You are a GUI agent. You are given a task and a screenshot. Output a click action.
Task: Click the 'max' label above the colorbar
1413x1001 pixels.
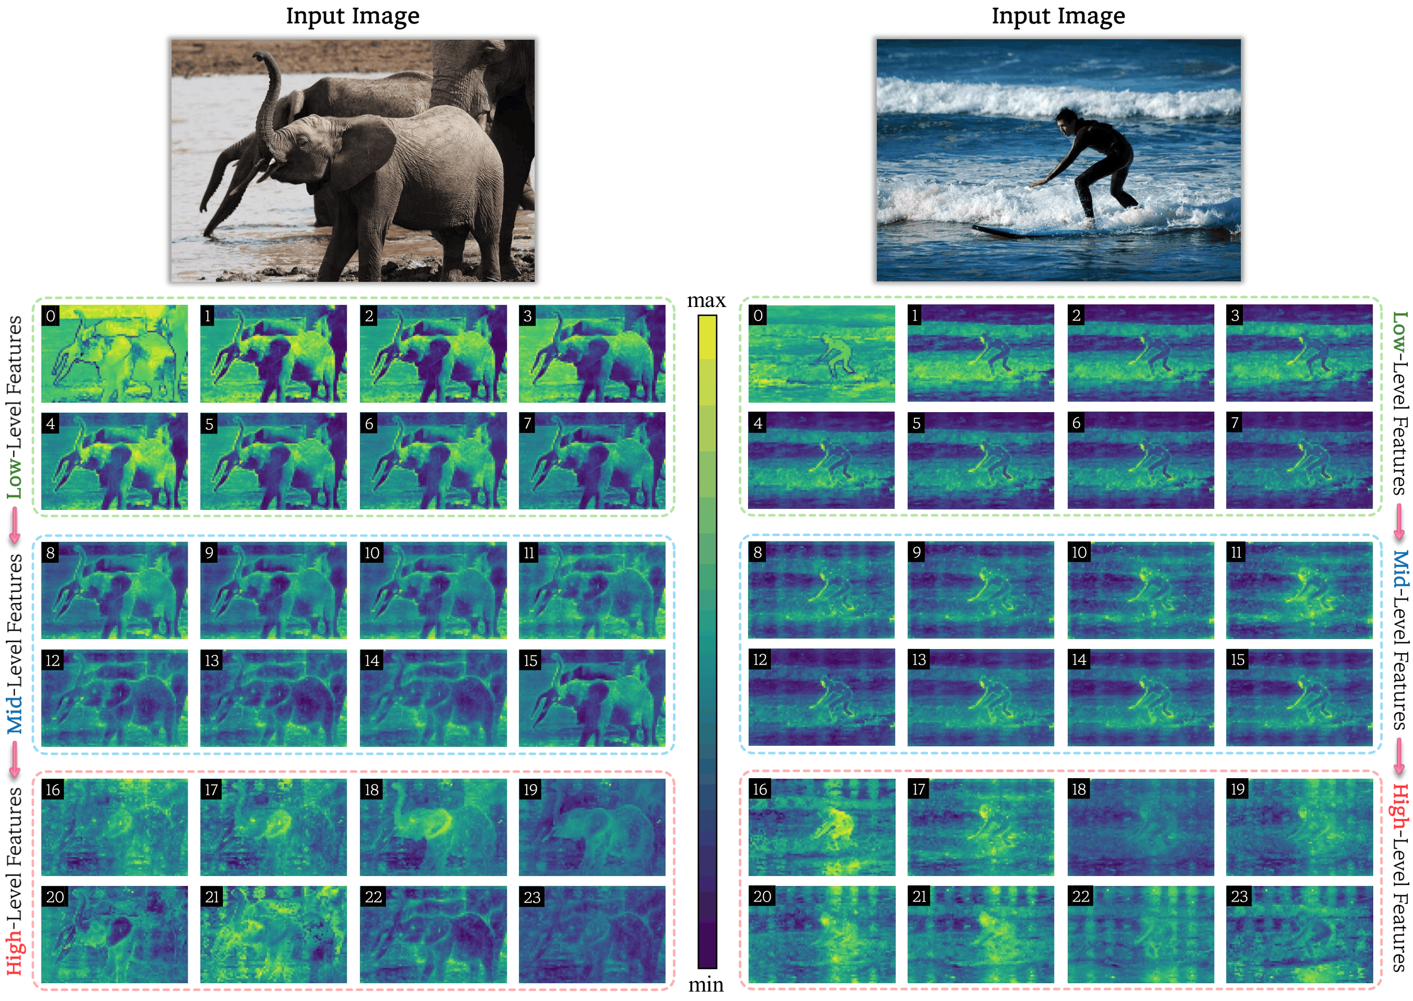coord(706,301)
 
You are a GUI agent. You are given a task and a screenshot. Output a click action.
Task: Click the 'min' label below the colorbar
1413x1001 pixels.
coord(706,984)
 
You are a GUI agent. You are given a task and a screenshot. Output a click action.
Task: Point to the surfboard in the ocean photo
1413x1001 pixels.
coord(1036,231)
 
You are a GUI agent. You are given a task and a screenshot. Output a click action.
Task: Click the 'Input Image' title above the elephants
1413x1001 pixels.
coord(353,16)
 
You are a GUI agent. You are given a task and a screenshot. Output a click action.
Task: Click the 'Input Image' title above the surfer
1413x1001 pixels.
coord(1058,16)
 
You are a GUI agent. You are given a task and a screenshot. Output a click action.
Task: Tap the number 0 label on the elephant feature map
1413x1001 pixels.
coord(51,316)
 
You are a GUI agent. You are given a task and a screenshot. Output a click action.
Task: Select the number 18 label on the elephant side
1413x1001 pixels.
coord(371,790)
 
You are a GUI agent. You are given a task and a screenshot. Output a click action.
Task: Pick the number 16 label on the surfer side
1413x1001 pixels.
coord(760,789)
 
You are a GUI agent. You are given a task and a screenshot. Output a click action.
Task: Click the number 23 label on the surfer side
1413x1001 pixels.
coord(1239,896)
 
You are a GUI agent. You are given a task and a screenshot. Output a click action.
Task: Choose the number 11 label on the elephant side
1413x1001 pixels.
coord(528,552)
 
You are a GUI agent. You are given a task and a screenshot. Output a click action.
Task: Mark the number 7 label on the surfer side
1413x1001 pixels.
coord(1235,423)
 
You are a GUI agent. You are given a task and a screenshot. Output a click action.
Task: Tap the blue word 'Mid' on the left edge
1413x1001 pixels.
coord(14,714)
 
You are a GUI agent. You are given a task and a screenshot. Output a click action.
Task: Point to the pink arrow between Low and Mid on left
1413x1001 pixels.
coord(14,525)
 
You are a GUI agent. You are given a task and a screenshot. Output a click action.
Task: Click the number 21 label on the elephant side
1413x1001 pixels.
coord(212,897)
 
